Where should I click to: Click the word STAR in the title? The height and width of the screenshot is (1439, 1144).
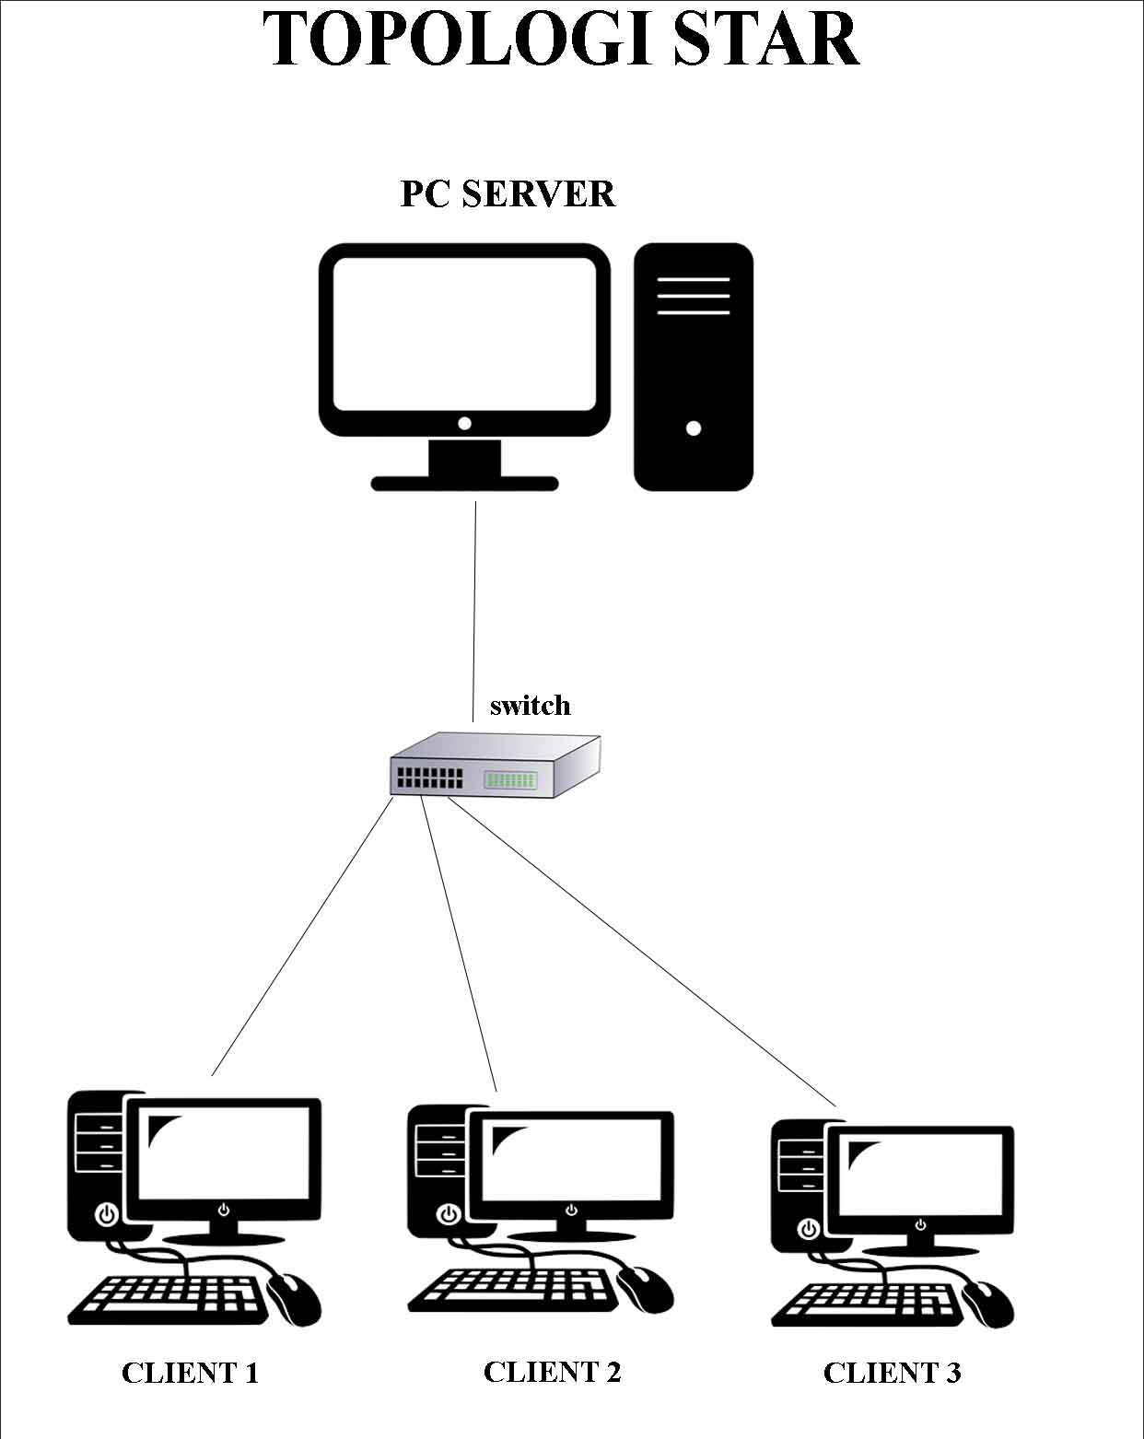point(766,39)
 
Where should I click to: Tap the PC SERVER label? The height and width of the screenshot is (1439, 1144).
point(508,194)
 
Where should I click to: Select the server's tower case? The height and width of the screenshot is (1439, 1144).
point(693,367)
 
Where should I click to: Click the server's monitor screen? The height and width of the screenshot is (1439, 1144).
point(464,333)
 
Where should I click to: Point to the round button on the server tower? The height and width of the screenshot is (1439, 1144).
point(694,427)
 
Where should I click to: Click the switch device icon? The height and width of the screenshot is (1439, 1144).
point(495,765)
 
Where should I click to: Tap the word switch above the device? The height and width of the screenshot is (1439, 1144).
point(530,706)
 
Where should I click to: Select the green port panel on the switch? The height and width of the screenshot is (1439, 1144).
point(509,779)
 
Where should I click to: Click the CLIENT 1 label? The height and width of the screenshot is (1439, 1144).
point(190,1373)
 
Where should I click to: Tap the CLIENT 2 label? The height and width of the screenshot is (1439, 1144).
point(552,1372)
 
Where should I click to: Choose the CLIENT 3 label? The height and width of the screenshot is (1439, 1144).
point(892,1373)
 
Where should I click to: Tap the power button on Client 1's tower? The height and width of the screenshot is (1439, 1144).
point(108,1213)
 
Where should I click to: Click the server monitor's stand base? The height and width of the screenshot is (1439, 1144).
point(464,483)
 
